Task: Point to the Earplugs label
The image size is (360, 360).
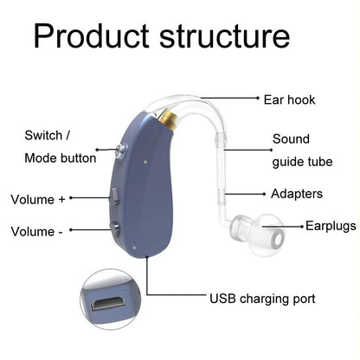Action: pyautogui.click(x=330, y=226)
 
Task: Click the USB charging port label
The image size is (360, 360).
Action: pyautogui.click(x=262, y=299)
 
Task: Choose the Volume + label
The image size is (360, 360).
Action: pyautogui.click(x=37, y=199)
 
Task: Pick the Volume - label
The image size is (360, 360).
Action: pyautogui.click(x=35, y=231)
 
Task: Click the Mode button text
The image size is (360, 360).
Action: pyautogui.click(x=57, y=158)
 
